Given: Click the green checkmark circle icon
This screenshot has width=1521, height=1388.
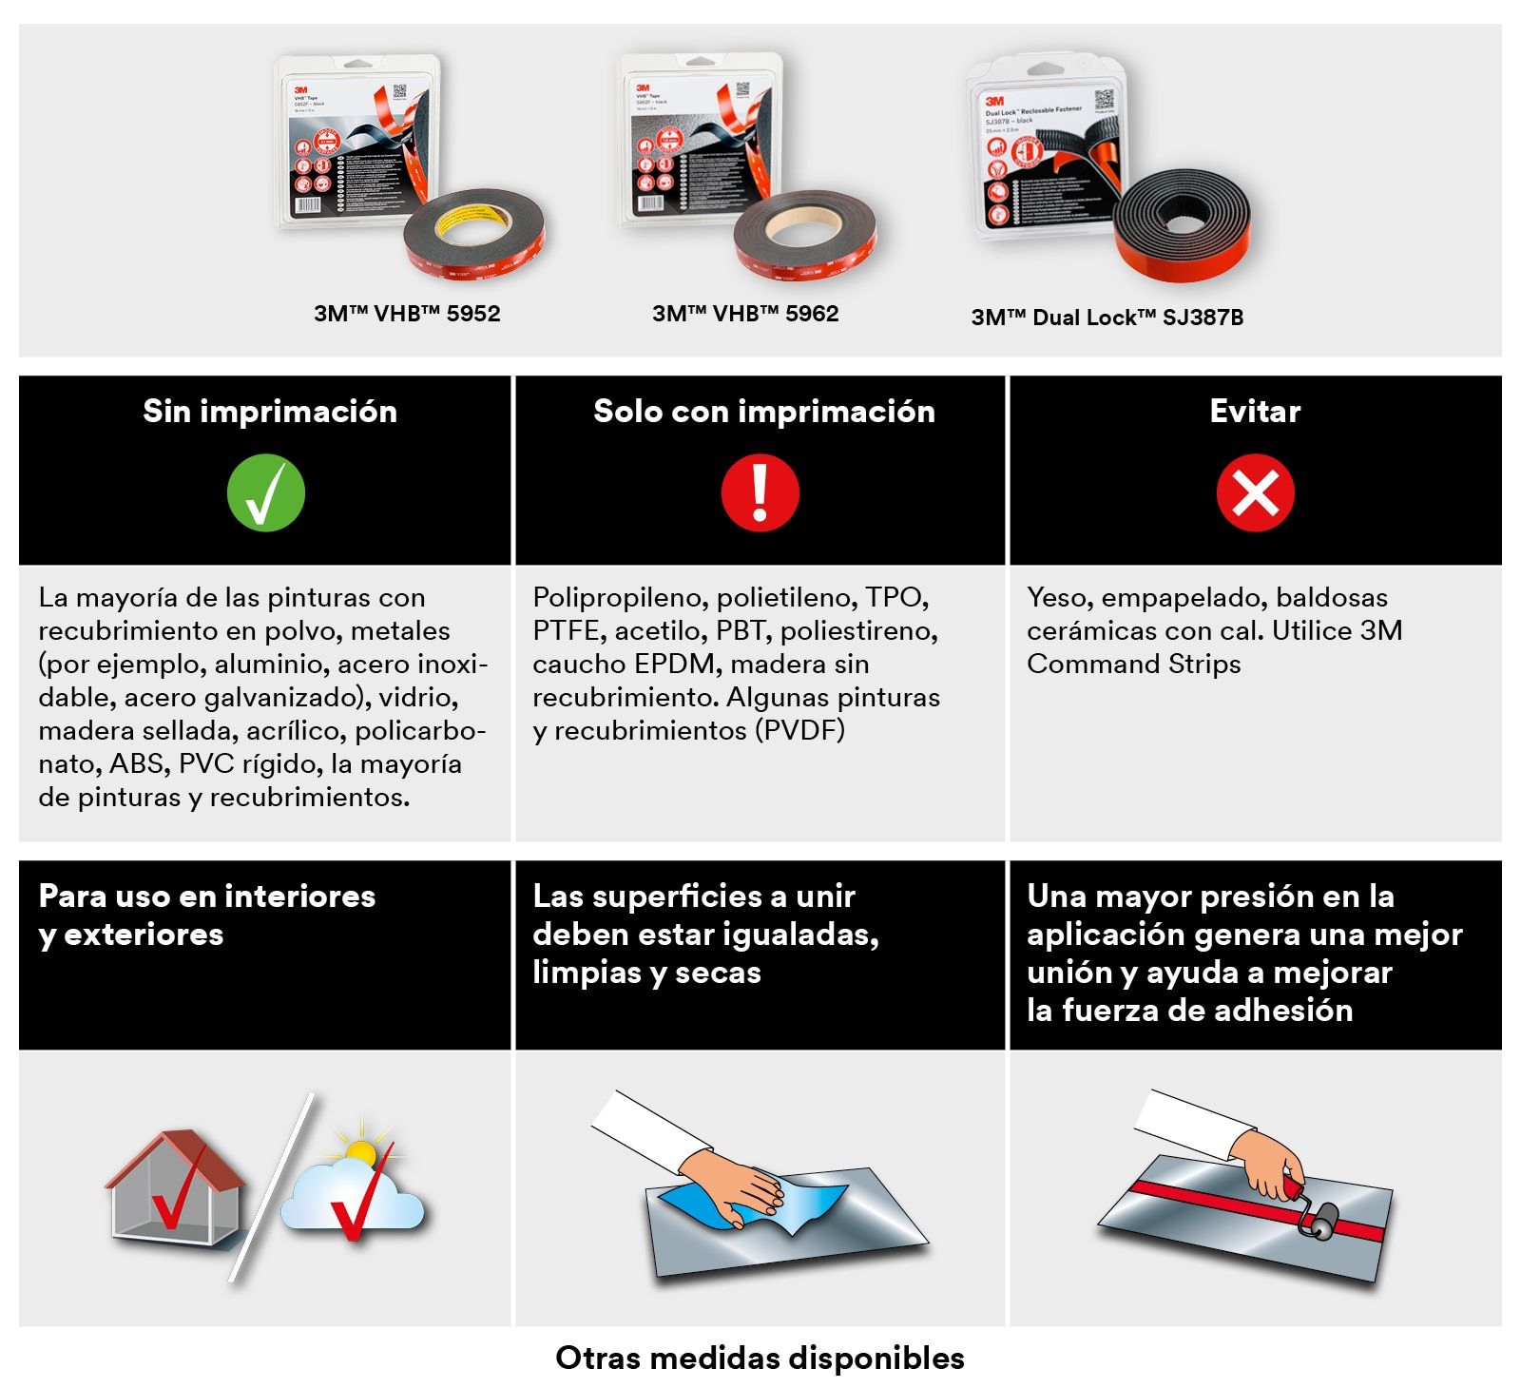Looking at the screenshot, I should (x=266, y=493).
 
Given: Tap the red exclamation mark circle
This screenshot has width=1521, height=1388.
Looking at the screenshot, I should (x=760, y=493).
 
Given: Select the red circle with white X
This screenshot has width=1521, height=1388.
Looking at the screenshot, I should (x=1255, y=493).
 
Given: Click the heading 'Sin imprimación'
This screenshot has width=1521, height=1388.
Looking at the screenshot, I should (x=270, y=411).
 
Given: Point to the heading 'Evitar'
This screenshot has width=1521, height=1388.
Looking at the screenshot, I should (x=1255, y=411).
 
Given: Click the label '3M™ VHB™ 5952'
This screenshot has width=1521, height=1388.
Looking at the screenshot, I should (x=407, y=314).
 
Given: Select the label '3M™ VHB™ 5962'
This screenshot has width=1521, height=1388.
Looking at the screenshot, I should (x=745, y=314).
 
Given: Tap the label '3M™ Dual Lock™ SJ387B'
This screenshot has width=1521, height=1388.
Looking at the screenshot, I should (x=1107, y=318).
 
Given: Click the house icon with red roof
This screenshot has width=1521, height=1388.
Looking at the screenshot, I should (x=176, y=1188).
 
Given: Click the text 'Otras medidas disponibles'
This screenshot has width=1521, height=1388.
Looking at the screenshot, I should (x=760, y=1358).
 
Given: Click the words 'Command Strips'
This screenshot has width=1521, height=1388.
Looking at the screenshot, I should (x=1133, y=664).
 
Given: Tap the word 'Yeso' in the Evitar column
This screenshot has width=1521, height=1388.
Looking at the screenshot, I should (x=1056, y=597).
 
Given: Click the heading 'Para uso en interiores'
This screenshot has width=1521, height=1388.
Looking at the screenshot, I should (x=206, y=896).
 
